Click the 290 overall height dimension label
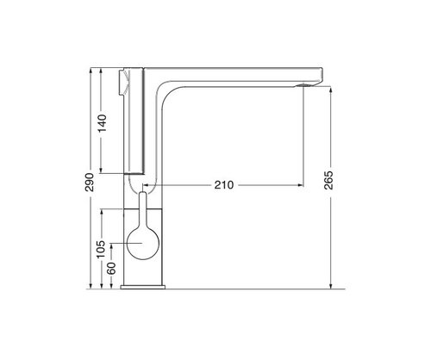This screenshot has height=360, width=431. tap(90, 182)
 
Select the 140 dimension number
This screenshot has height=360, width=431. tap(102, 123)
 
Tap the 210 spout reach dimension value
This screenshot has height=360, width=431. tap(224, 185)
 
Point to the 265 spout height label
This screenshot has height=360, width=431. tap(328, 180)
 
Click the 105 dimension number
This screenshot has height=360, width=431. tap(101, 249)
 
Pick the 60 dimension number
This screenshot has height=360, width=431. tap(111, 268)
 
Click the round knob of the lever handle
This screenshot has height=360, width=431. tap(143, 244)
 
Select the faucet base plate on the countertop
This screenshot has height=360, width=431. tap(143, 287)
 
